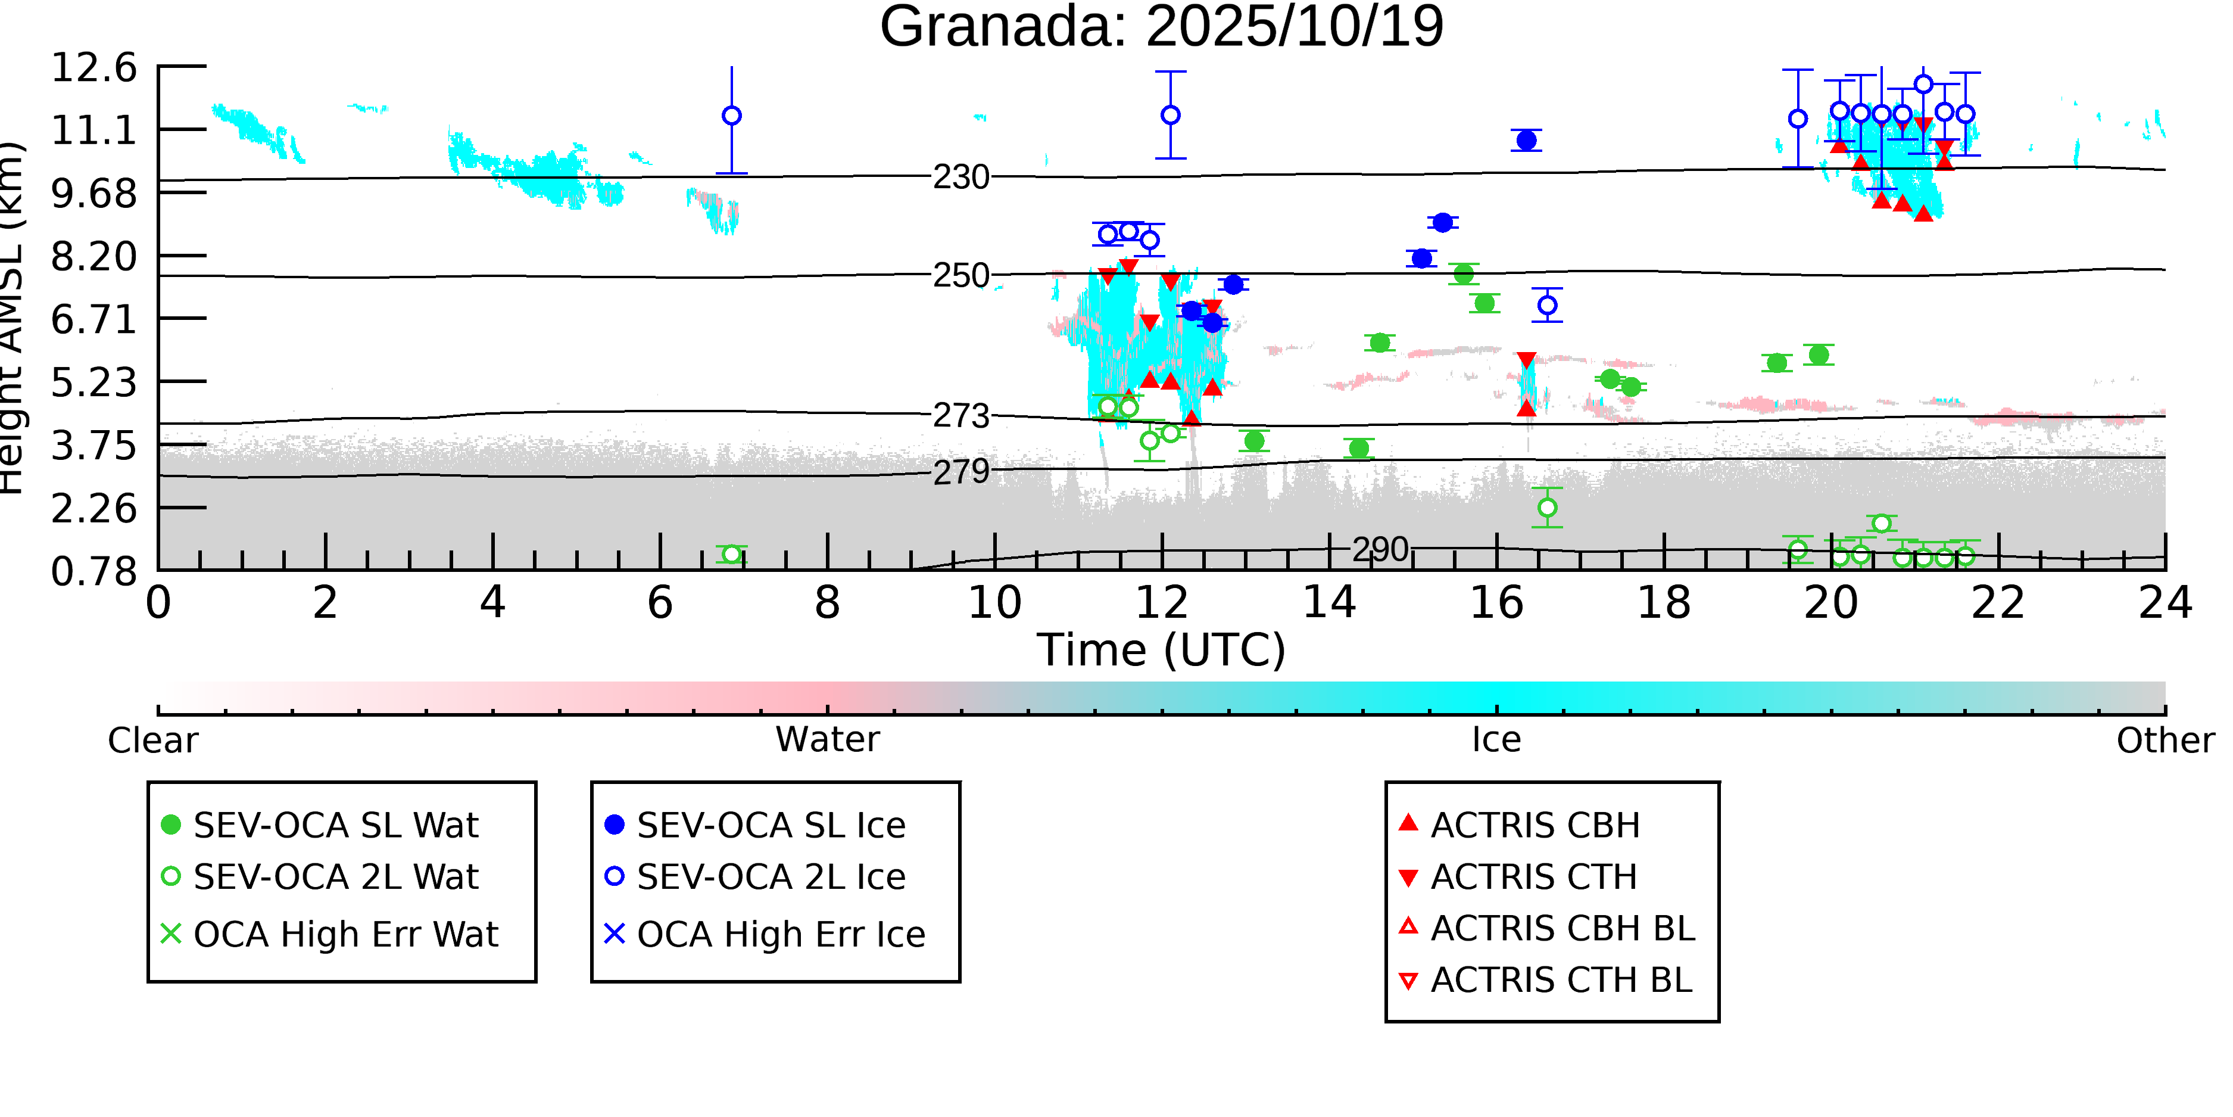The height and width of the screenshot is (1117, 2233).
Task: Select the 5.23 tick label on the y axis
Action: (x=93, y=382)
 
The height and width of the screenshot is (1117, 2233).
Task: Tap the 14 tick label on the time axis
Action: (x=1329, y=603)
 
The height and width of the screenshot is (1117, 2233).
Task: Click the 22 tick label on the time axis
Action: (x=1998, y=603)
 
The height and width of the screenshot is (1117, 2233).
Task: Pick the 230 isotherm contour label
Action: (x=960, y=177)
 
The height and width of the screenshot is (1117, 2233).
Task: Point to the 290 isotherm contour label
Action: (x=1380, y=550)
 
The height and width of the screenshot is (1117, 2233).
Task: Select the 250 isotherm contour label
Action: (x=960, y=276)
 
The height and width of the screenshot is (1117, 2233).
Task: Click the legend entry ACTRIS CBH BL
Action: (x=1562, y=929)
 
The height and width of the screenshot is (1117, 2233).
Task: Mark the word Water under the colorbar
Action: (x=827, y=740)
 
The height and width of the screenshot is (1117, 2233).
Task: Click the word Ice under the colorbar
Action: (x=1496, y=740)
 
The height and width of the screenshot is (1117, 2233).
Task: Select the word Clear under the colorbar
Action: (x=152, y=740)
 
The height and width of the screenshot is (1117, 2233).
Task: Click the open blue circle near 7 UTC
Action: (x=732, y=116)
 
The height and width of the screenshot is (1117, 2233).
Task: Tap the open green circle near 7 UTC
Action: (x=732, y=554)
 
